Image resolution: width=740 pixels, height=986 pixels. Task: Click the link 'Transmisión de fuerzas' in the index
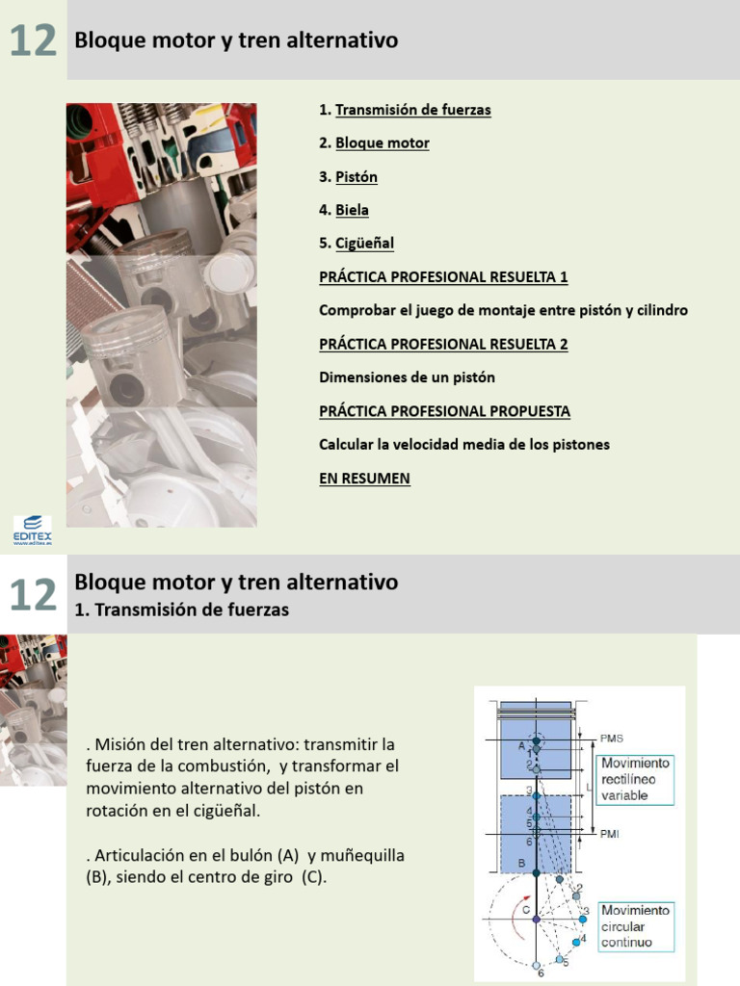pyautogui.click(x=412, y=110)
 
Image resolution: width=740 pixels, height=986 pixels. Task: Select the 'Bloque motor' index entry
pyautogui.click(x=382, y=143)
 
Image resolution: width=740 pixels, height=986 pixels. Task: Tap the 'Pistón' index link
pyautogui.click(x=356, y=177)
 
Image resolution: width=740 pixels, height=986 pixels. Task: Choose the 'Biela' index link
pyautogui.click(x=352, y=210)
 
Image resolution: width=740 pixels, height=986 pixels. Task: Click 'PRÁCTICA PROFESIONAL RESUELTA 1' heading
pyautogui.click(x=443, y=277)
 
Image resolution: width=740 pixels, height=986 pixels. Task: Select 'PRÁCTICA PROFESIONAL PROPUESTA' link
pyautogui.click(x=444, y=411)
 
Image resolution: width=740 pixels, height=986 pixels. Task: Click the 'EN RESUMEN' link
pyautogui.click(x=364, y=479)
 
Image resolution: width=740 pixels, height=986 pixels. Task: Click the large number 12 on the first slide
pyautogui.click(x=33, y=40)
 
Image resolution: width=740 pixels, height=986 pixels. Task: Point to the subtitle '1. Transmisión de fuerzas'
pyautogui.click(x=181, y=610)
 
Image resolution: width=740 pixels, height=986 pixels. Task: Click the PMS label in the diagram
pyautogui.click(x=611, y=739)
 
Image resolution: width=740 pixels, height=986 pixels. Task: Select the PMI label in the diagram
pyautogui.click(x=609, y=834)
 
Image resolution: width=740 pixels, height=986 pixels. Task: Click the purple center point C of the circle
pyautogui.click(x=537, y=920)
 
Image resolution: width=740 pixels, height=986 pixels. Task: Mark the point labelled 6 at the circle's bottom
pyautogui.click(x=537, y=965)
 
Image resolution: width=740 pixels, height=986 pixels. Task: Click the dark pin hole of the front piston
pyautogui.click(x=126, y=388)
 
